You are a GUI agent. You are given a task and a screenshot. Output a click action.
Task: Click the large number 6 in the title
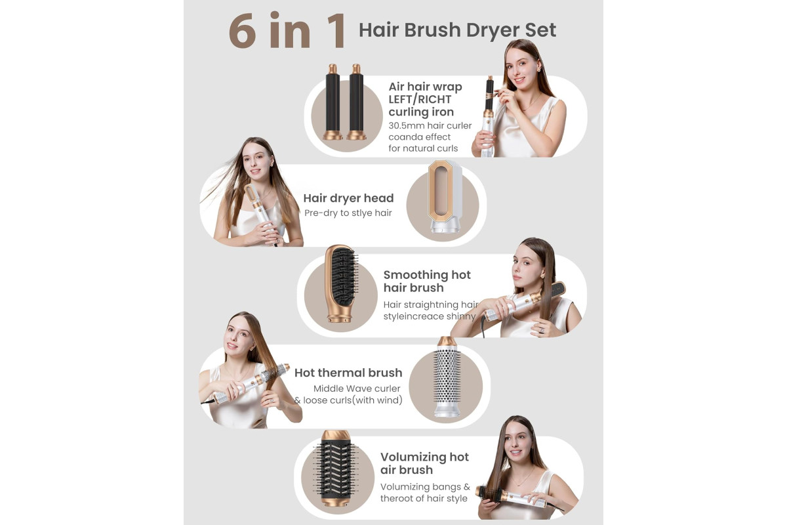pos(243,30)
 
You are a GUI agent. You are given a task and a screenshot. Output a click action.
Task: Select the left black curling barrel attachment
pos(333,102)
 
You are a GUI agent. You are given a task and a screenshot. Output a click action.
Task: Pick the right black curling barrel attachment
pos(356,102)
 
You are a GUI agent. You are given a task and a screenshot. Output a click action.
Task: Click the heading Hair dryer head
pos(348,198)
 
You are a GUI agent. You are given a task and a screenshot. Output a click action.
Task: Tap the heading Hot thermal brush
pos(348,373)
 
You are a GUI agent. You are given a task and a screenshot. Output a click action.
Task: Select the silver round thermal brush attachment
pos(447,377)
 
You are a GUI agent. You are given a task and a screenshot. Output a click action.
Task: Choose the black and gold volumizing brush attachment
pos(336,469)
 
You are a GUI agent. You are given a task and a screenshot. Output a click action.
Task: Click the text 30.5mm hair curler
pos(430,125)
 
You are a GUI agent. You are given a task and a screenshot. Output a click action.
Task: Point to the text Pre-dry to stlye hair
pos(348,213)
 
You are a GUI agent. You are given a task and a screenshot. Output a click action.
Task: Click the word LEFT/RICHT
pos(420,100)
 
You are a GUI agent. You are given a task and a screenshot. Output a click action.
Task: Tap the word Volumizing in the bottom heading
pos(413,457)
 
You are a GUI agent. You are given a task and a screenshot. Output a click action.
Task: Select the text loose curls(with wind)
pos(353,400)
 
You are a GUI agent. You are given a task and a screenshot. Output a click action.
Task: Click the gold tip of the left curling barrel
pos(333,68)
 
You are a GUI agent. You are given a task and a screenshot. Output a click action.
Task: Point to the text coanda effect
pos(420,136)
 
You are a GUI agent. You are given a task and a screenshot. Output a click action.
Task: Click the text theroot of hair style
pos(424,498)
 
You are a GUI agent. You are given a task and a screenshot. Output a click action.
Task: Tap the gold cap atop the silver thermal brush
pos(447,341)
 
